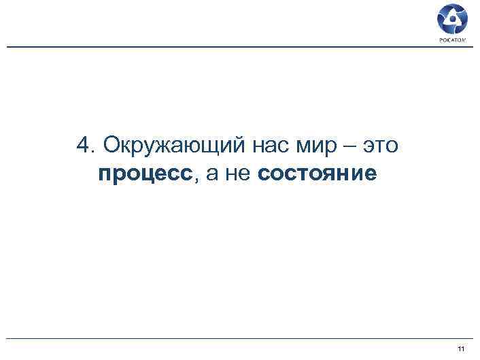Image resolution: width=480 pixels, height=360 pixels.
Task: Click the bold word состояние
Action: coord(317,175)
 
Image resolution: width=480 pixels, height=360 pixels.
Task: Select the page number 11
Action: coord(462,349)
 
